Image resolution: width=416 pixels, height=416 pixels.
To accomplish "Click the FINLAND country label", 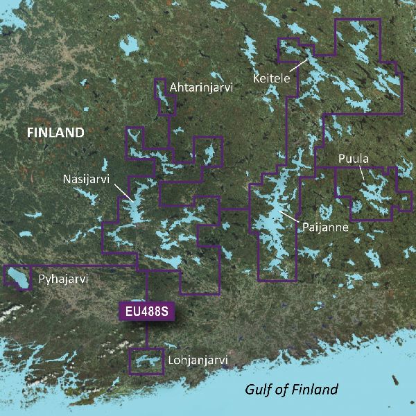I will (55, 132).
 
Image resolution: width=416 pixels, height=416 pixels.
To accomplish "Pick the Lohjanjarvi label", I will (198, 361).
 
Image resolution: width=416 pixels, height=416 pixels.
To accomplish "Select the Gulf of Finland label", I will (292, 389).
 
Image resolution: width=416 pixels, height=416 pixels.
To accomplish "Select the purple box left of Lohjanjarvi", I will (146, 361).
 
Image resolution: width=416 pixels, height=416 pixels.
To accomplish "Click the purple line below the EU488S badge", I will (146, 334).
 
